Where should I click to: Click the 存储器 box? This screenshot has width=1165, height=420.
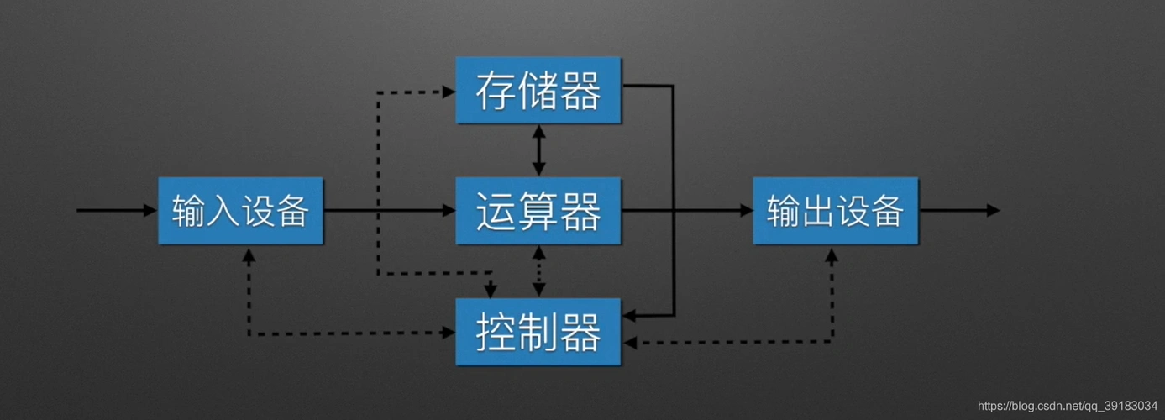click(538, 90)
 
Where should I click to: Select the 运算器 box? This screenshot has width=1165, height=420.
click(538, 211)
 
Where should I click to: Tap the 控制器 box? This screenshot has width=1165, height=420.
click(538, 331)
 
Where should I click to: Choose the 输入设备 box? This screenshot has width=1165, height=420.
click(240, 211)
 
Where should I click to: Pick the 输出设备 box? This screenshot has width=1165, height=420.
click(835, 211)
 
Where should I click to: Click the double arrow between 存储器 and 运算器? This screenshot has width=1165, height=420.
click(538, 150)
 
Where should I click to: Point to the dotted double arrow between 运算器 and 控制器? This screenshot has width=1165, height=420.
click(538, 271)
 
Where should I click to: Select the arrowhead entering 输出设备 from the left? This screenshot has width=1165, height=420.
click(746, 211)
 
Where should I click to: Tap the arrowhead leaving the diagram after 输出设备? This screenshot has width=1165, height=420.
click(994, 211)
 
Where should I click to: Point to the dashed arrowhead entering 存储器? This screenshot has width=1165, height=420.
click(449, 91)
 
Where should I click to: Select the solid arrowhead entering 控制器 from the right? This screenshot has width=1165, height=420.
click(629, 316)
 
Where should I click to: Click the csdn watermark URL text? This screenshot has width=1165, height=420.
click(1067, 405)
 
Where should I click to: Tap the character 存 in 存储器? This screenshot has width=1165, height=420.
click(496, 91)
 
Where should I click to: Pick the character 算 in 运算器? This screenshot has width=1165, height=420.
click(538, 211)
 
